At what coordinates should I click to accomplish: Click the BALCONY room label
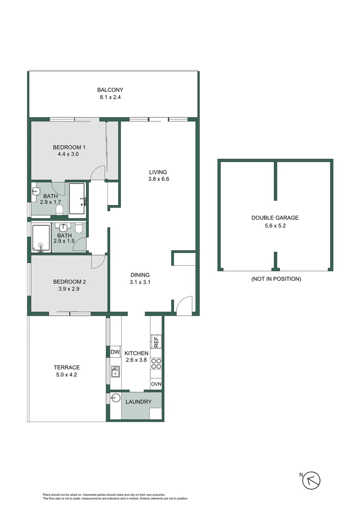110,90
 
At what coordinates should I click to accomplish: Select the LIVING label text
158,172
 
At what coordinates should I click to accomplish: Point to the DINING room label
140,275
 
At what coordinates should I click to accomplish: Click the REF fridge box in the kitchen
156,341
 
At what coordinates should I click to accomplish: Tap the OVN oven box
156,385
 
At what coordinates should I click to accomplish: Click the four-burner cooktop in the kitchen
156,363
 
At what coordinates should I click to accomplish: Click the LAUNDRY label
139,402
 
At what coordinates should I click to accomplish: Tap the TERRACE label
66,368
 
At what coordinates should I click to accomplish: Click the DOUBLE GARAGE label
275,218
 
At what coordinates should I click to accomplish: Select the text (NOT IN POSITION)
276,279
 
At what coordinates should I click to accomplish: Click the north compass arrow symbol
311,480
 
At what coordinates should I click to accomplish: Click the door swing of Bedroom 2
99,262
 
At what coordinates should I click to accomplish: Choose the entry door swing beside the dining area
184,305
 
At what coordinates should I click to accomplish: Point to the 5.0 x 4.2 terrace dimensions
66,375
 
